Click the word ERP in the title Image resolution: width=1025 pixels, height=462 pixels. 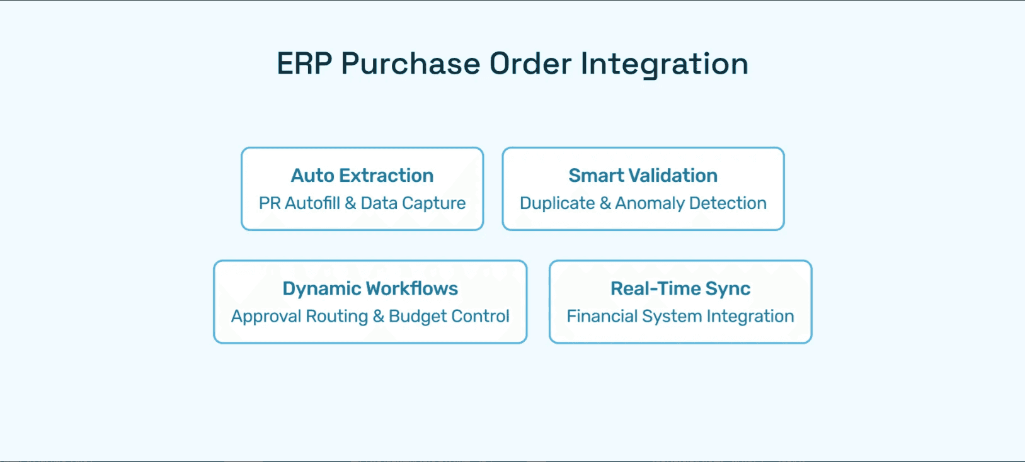click(304, 64)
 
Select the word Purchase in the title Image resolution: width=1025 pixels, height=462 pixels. click(411, 64)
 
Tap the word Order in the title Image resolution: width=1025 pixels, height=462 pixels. click(530, 64)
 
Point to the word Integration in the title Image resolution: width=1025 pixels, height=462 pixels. click(664, 64)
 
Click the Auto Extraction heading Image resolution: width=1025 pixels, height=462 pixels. click(362, 175)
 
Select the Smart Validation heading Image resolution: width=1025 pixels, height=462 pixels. click(643, 175)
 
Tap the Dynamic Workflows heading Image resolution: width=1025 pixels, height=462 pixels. click(370, 288)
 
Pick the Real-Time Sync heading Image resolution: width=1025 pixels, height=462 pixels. click(680, 288)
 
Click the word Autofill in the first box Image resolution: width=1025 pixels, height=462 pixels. click(312, 203)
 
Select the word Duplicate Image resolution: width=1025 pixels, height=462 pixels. click(557, 203)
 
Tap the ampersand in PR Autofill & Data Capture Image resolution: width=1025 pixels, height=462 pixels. click(350, 203)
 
